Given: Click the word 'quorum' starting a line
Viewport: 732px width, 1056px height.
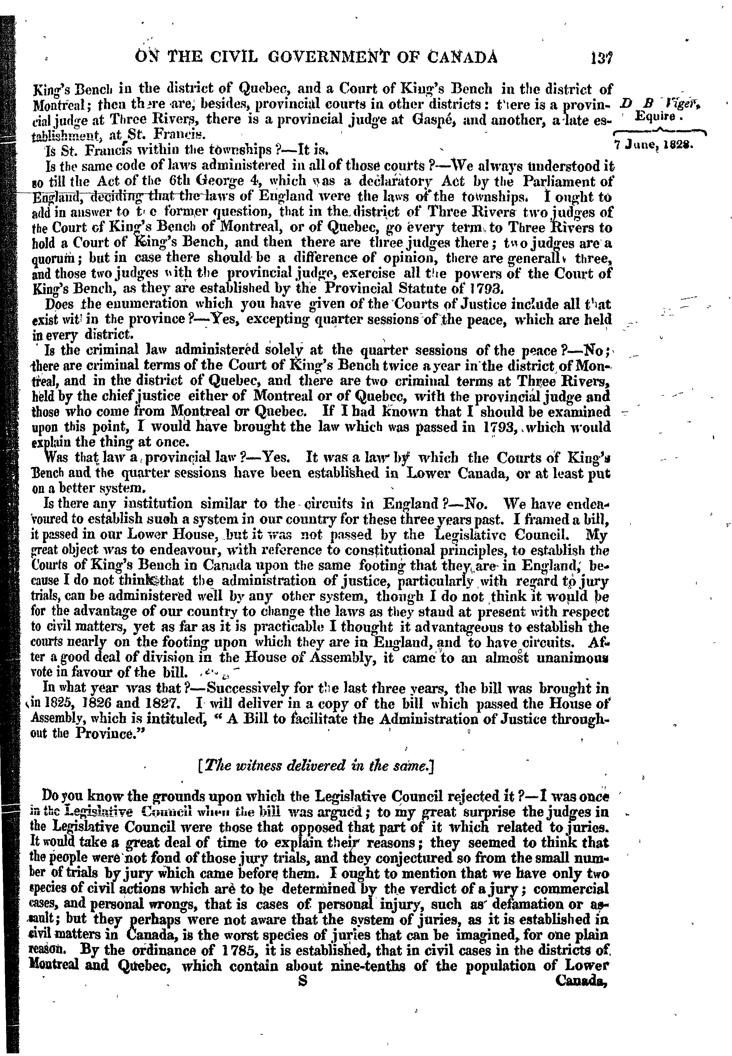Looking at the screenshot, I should click(57, 259).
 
